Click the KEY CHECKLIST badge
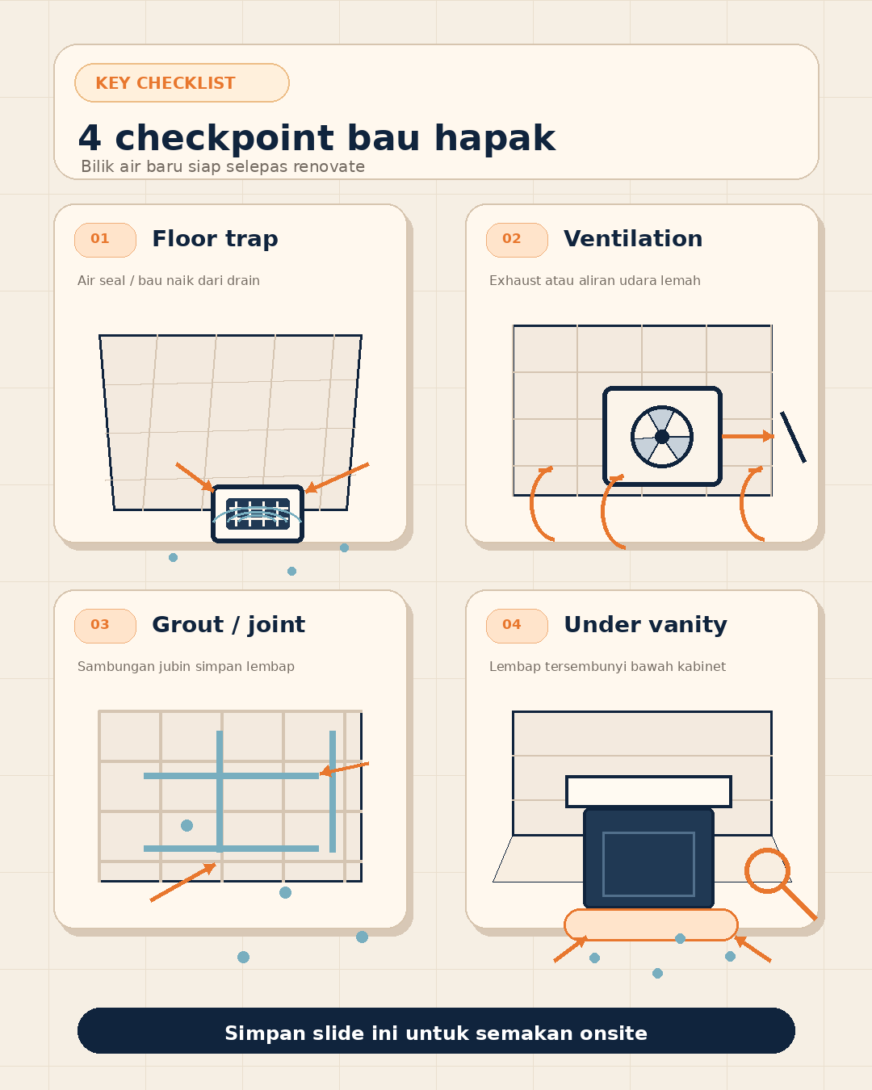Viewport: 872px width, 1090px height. point(182,82)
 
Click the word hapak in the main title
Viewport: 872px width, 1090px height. point(495,138)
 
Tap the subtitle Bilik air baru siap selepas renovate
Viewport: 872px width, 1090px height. point(223,166)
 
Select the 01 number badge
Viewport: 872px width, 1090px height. point(106,240)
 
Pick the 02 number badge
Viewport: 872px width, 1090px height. point(517,240)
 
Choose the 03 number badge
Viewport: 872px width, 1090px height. point(106,626)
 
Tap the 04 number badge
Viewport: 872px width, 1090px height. point(517,626)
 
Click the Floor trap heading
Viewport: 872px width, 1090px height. point(216,239)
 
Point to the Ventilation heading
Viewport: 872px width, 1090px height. point(633,238)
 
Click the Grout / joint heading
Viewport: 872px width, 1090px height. point(228,625)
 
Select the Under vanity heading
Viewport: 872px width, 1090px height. point(645,625)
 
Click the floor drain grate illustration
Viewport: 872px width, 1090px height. point(258,514)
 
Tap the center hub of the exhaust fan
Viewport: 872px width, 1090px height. point(662,437)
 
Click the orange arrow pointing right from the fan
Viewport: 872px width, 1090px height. point(748,436)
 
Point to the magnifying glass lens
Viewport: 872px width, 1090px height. point(767,870)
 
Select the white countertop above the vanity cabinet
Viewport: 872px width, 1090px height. point(648,791)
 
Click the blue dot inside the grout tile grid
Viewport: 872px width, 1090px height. point(187,826)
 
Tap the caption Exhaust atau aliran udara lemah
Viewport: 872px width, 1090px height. point(595,281)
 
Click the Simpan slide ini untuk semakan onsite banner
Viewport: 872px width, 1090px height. point(436,1030)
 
